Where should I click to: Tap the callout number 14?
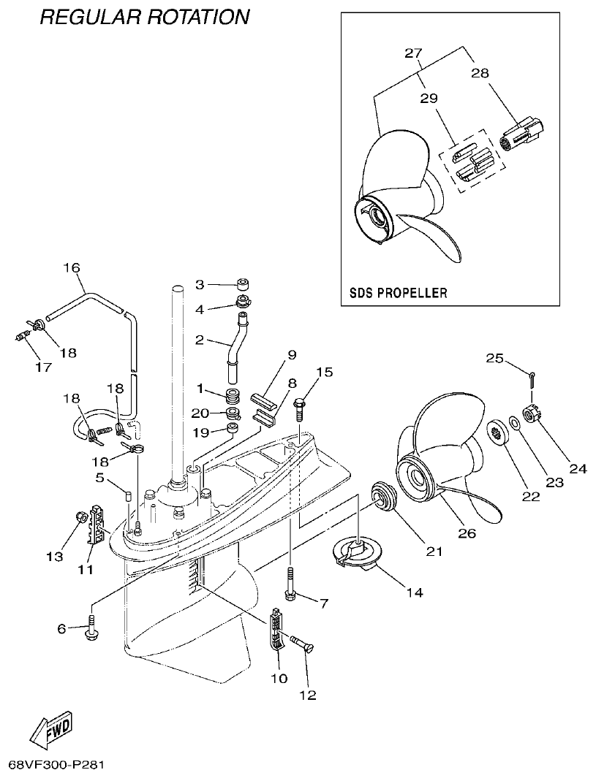tap(414, 592)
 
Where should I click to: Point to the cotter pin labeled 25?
tap(534, 378)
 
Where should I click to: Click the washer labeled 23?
tap(514, 423)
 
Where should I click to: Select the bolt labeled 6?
tap(91, 628)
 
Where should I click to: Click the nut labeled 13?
tap(79, 519)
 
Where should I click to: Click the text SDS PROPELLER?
tap(394, 293)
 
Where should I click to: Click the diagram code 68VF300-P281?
tap(56, 765)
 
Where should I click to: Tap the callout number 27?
tap(414, 53)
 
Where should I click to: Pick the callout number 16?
tap(71, 267)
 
